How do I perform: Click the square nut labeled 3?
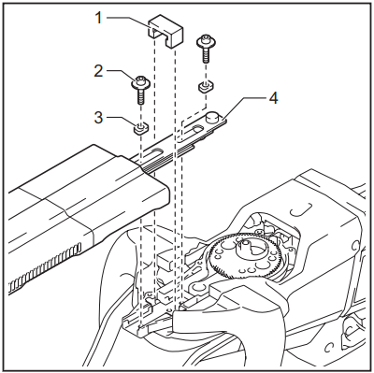(x=139, y=128)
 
